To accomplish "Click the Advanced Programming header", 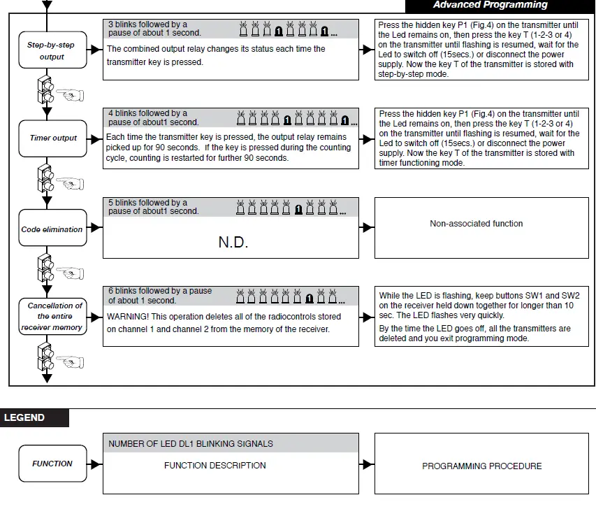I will (490, 5).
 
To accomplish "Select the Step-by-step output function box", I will (51, 50).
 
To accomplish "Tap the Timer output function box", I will (53, 138).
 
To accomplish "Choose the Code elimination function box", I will (52, 229).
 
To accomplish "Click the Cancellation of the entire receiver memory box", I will (52, 316).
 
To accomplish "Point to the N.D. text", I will (233, 243).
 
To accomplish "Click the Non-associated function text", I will (476, 224).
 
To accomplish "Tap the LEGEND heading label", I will (25, 417).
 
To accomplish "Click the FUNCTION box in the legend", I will (52, 464).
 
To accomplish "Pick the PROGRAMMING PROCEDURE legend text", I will (482, 466).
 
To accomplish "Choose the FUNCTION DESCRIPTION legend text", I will (215, 465).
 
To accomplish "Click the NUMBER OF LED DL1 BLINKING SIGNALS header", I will (191, 443).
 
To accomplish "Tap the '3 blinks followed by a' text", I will (147, 24).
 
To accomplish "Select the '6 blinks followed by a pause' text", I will (160, 291).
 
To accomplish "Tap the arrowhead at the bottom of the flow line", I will (48, 379).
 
